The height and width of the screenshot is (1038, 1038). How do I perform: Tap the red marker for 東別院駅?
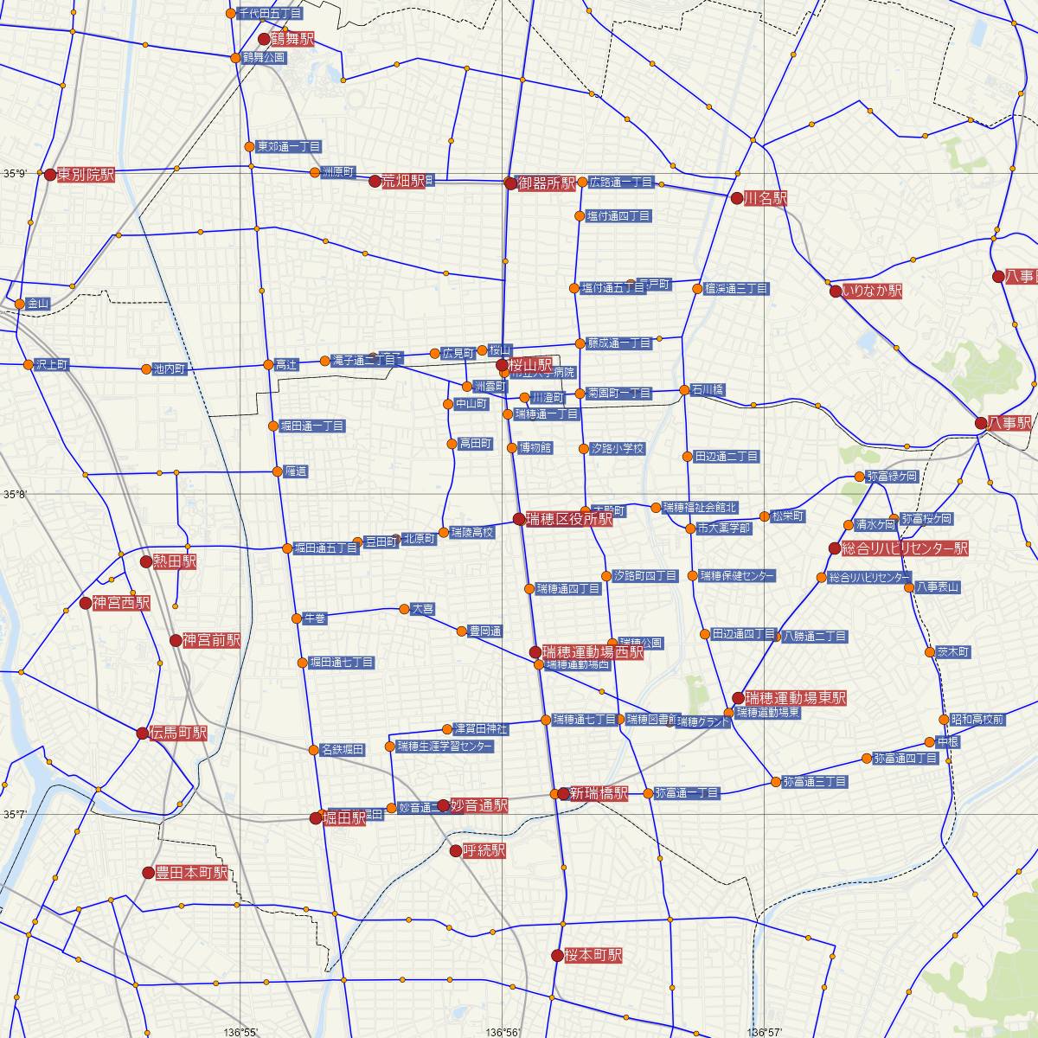pos(50,175)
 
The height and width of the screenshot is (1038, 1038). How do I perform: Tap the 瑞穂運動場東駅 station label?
pos(796,697)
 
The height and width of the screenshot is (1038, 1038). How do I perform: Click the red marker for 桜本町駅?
pos(557,956)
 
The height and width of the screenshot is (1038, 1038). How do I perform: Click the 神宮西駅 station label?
pos(121,603)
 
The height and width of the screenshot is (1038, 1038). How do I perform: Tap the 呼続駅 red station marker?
pos(456,851)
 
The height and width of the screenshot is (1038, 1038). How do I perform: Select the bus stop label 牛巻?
pos(314,618)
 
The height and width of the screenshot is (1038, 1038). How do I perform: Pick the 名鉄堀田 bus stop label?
pos(342,749)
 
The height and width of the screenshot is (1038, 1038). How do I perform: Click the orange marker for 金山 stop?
pos(20,304)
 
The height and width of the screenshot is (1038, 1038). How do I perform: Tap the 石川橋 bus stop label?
pos(708,390)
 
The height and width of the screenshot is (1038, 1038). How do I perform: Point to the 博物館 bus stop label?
pos(535,448)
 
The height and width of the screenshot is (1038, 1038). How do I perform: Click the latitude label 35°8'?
pos(15,495)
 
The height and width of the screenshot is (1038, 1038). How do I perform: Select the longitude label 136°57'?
pos(763,1031)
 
